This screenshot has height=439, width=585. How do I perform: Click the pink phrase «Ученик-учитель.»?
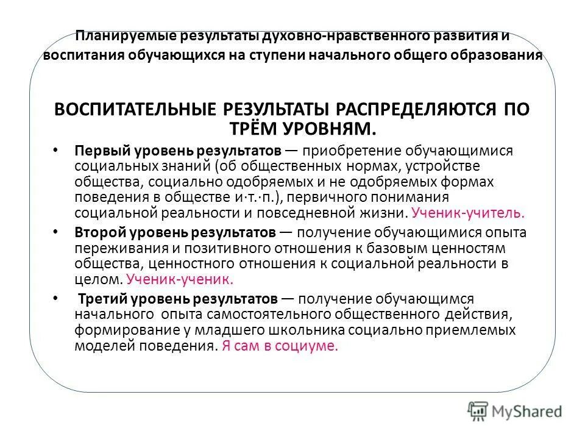tap(467, 213)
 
